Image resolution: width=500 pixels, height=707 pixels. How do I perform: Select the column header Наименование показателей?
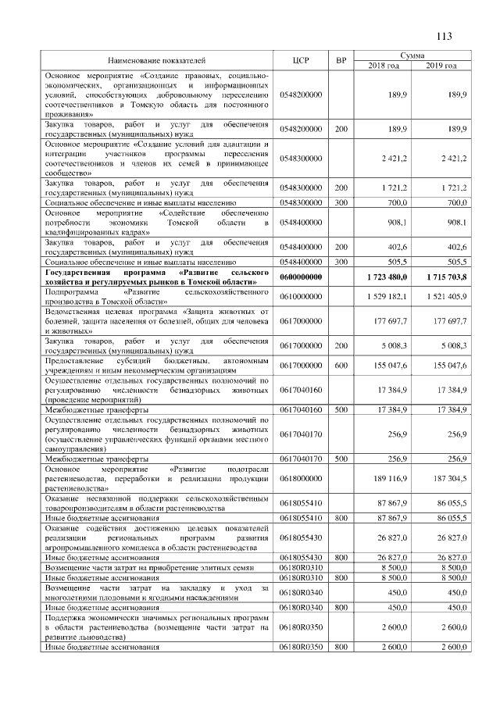(x=156, y=60)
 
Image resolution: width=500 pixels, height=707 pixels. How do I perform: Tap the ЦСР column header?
(x=301, y=60)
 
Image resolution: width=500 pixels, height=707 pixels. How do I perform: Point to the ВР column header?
(x=341, y=60)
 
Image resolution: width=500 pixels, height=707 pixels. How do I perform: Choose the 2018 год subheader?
(x=384, y=65)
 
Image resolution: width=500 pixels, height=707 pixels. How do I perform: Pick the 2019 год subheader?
(x=441, y=65)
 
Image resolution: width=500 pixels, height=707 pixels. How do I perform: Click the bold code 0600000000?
(x=301, y=277)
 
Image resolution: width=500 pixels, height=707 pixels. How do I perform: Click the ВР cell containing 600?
(x=341, y=365)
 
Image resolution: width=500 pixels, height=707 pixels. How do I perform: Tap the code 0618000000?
(x=301, y=477)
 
